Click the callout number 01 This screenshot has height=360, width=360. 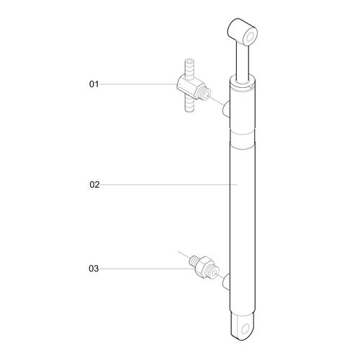point(93,84)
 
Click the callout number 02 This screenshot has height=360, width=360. point(94,185)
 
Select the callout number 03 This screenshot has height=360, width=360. point(94,269)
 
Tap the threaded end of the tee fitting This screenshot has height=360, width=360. point(206,94)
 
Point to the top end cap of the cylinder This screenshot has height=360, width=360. point(243,85)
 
